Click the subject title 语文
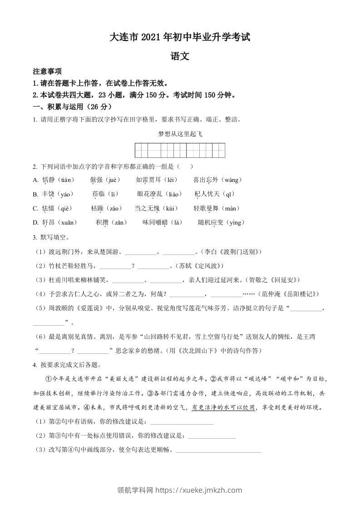point(179,57)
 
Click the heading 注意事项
point(48,72)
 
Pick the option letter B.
point(35,194)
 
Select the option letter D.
point(36,222)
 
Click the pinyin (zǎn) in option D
point(120,222)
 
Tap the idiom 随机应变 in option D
point(212,222)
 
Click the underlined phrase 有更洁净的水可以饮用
point(223,407)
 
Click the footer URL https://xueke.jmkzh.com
point(199,490)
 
